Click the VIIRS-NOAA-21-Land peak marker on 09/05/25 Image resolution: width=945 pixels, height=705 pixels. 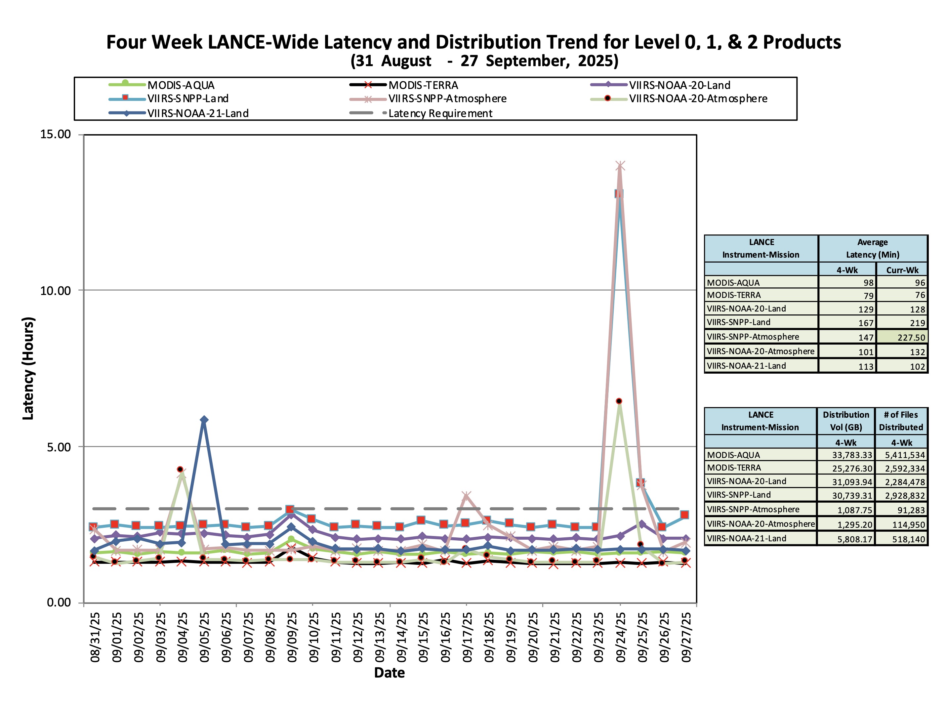pyautogui.click(x=204, y=420)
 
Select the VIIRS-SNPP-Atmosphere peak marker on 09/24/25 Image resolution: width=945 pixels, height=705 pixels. pyautogui.click(x=620, y=166)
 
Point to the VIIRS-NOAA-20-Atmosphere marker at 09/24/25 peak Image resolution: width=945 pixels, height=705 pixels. pyautogui.click(x=619, y=401)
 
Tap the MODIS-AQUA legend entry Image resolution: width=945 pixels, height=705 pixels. pyautogui.click(x=162, y=85)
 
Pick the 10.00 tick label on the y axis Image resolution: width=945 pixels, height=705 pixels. pyautogui.click(x=56, y=291)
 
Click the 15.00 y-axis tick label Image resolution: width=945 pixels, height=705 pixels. pyautogui.click(x=56, y=134)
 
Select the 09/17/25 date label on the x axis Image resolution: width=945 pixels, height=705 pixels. pyautogui.click(x=467, y=637)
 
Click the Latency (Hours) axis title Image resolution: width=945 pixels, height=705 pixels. pyautogui.click(x=28, y=368)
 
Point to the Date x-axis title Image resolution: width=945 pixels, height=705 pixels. pyautogui.click(x=389, y=673)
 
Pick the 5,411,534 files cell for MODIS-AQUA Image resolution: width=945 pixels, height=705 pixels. pyautogui.click(x=901, y=455)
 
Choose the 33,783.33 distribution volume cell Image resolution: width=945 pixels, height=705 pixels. pyautogui.click(x=846, y=455)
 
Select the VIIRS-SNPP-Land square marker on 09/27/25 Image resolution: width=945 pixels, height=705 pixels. pyautogui.click(x=684, y=515)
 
